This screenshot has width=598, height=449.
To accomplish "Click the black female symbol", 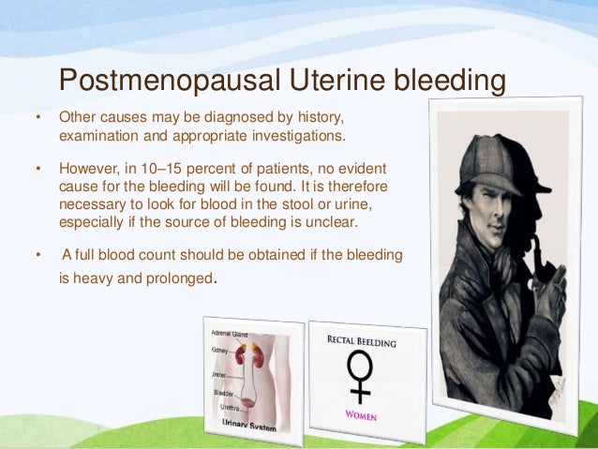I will pos(361,375).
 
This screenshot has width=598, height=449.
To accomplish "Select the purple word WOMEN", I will pos(362,415).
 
